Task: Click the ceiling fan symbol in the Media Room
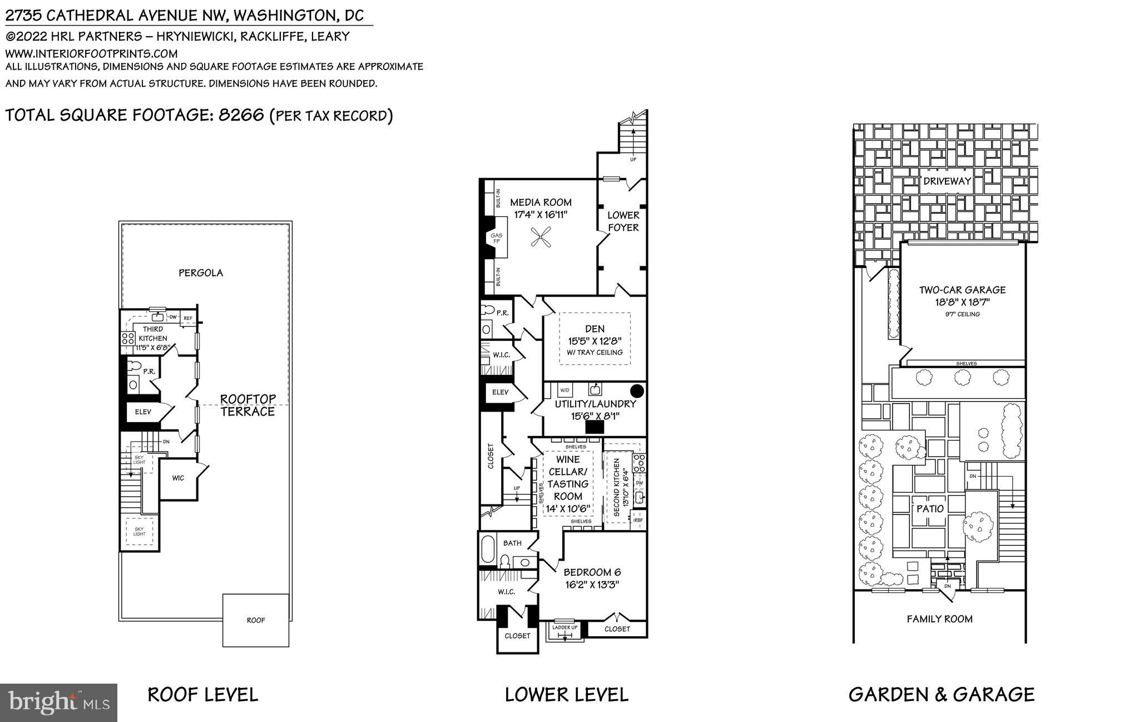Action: pyautogui.click(x=541, y=239)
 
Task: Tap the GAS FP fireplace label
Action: pyautogui.click(x=496, y=239)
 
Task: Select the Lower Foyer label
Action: pyautogui.click(x=623, y=221)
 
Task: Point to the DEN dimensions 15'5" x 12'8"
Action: pyautogui.click(x=595, y=341)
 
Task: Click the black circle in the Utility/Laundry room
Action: pyautogui.click(x=637, y=391)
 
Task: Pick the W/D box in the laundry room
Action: pyautogui.click(x=565, y=390)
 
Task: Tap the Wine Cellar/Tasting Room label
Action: pyautogui.click(x=567, y=478)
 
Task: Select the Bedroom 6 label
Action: pyautogui.click(x=592, y=572)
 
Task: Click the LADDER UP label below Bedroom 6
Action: pyautogui.click(x=564, y=627)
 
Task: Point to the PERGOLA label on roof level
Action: pyautogui.click(x=201, y=273)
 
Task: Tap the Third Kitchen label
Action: pyautogui.click(x=152, y=334)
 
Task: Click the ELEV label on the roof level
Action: pyautogui.click(x=143, y=412)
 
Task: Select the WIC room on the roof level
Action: pyautogui.click(x=178, y=478)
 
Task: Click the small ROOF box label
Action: pyautogui.click(x=256, y=620)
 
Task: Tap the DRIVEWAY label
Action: pyautogui.click(x=947, y=181)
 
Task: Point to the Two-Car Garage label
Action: pyautogui.click(x=962, y=290)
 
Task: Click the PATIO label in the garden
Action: pyautogui.click(x=930, y=508)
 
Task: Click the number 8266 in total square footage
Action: pyautogui.click(x=241, y=115)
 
